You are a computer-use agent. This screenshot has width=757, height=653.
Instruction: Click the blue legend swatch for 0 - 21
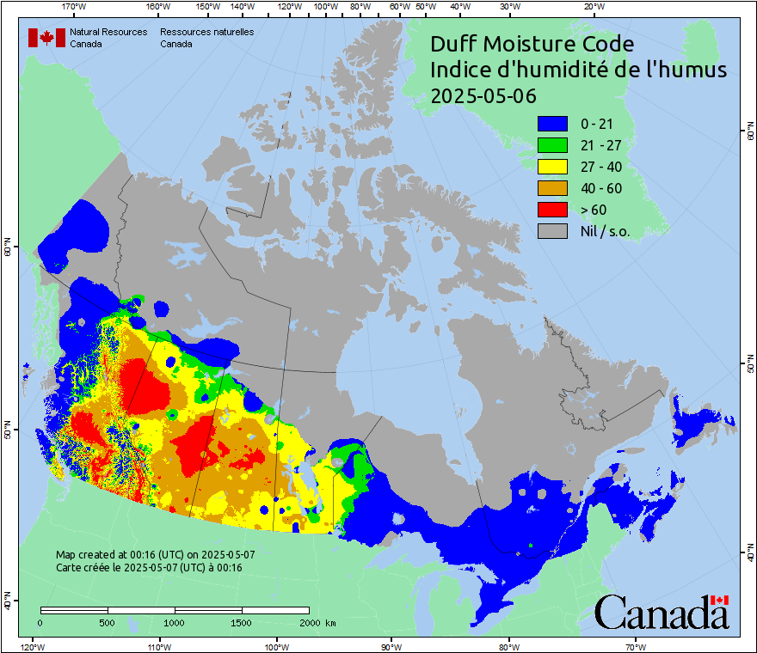552,124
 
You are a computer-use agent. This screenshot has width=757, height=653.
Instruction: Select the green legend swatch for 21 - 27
552,145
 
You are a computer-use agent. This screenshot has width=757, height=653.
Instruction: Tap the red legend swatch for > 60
552,209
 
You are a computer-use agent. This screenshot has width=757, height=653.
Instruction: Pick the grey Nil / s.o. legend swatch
552,230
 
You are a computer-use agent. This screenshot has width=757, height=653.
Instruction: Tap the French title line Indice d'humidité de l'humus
578,70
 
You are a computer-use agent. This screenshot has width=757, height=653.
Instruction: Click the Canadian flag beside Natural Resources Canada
46,37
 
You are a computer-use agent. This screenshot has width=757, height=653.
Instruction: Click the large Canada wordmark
661,613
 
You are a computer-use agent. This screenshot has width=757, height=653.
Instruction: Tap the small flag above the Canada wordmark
719,599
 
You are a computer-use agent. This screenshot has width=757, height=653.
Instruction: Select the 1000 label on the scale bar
175,622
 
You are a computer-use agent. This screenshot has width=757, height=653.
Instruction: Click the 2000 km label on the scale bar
316,622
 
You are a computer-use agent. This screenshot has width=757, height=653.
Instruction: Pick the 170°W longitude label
74,8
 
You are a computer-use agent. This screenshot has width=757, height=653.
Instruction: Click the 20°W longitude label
593,8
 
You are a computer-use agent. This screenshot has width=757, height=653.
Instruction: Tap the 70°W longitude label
636,646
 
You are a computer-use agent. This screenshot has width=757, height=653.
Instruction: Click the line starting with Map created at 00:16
155,555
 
